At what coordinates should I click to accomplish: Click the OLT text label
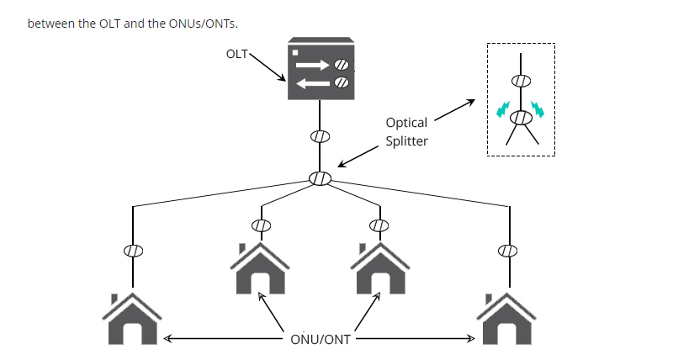tap(238, 53)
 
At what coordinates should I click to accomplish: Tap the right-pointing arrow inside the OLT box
tap(313, 65)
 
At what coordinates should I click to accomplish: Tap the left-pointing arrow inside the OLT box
tap(313, 82)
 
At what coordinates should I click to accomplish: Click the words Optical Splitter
tap(406, 132)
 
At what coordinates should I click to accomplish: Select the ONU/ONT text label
tap(320, 339)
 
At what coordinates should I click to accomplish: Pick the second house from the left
tap(261, 267)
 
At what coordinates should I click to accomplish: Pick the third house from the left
tap(379, 267)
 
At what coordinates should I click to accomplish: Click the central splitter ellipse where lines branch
tap(320, 178)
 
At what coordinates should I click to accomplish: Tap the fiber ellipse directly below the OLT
tap(320, 135)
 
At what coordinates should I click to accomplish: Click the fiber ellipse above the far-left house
tap(133, 250)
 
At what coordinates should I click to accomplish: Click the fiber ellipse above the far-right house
tap(506, 250)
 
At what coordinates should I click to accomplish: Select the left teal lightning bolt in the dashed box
tap(502, 109)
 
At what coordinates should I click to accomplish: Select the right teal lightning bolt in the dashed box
tap(538, 109)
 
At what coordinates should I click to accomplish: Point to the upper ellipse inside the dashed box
tap(521, 81)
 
